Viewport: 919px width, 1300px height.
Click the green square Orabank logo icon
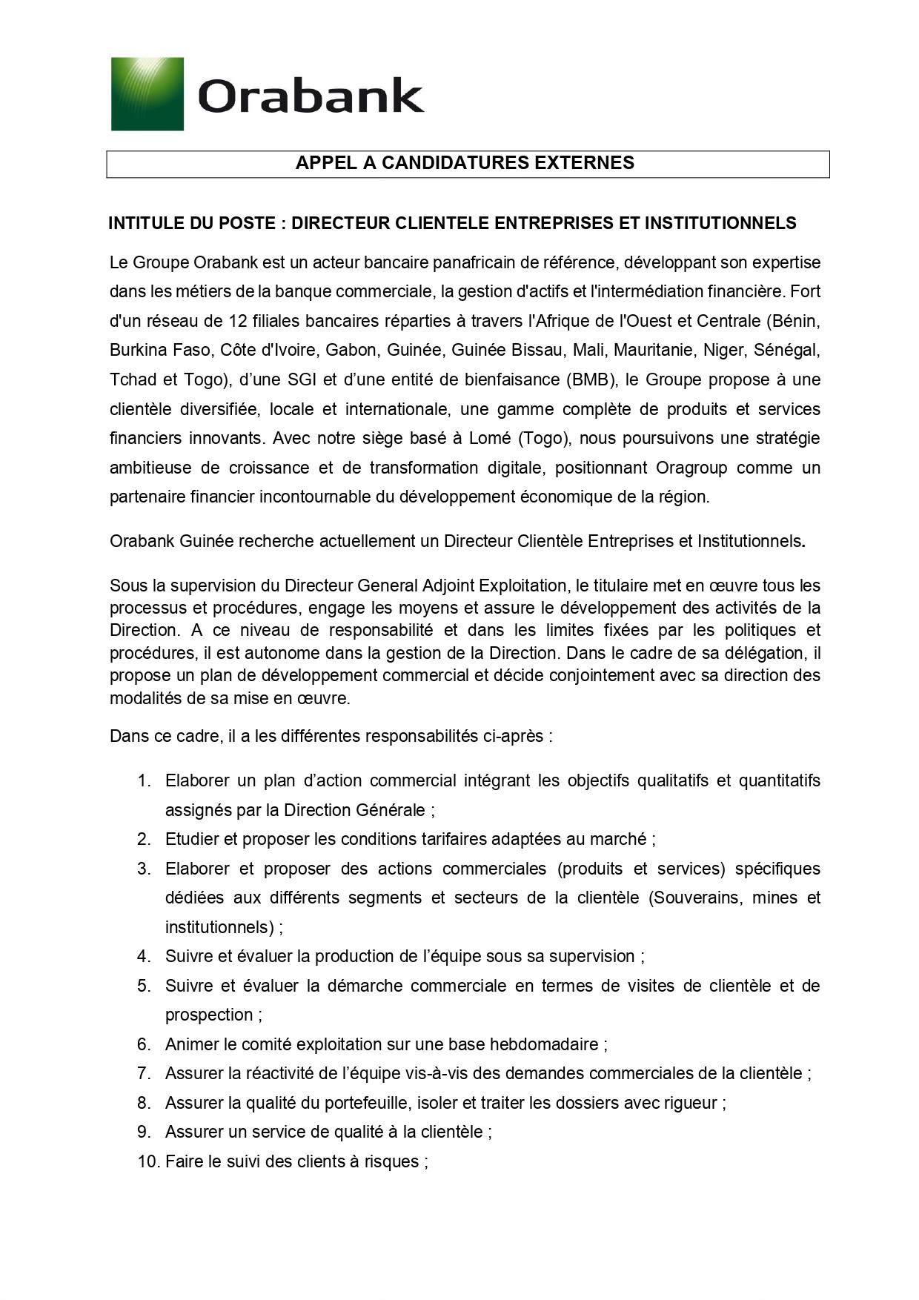(147, 94)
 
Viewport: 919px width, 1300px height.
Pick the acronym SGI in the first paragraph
(302, 379)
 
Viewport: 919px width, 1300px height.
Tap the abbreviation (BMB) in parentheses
(591, 379)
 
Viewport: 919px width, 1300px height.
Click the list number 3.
(144, 869)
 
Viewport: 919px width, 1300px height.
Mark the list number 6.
(144, 1044)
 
